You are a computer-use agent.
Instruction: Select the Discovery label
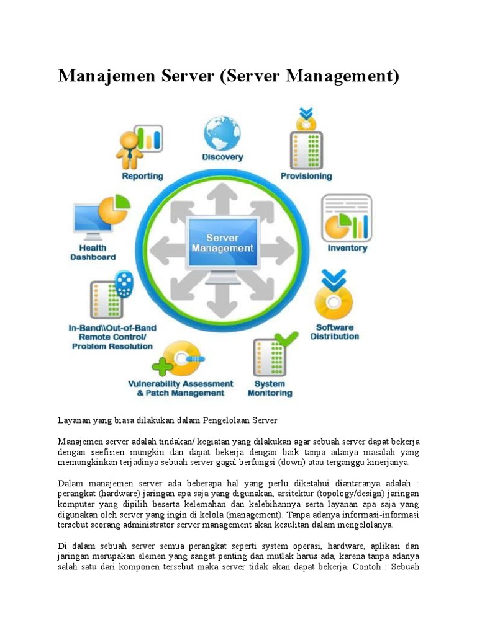pyautogui.click(x=222, y=158)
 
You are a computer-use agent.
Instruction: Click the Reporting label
pyautogui.click(x=142, y=176)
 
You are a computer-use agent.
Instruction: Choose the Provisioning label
pyautogui.click(x=306, y=176)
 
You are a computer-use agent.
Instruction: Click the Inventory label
pyautogui.click(x=347, y=248)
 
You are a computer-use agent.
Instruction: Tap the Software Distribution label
pyautogui.click(x=335, y=332)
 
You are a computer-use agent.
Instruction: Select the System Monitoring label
pyautogui.click(x=270, y=388)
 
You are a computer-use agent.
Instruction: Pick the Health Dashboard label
pyautogui.click(x=93, y=252)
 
